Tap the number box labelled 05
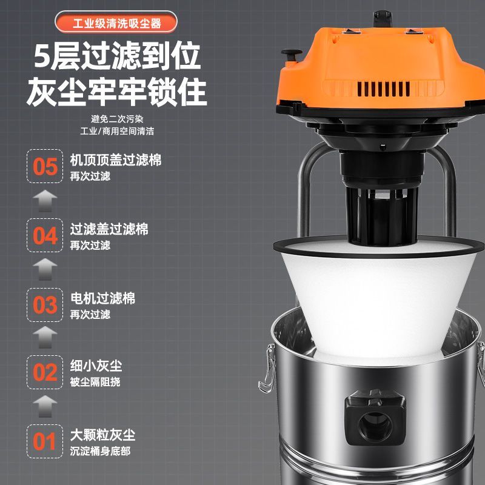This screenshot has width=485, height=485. (45, 166)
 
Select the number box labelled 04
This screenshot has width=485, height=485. (45, 235)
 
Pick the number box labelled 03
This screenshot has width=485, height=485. (45, 304)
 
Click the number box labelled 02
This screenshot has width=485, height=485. (45, 372)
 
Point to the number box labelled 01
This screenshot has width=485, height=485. (45, 441)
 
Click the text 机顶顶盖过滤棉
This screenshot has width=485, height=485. (116, 160)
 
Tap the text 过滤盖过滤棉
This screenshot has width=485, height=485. (109, 229)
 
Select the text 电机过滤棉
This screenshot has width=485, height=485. (102, 298)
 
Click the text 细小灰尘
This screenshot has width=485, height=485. (96, 366)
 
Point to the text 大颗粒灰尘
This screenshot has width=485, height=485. (102, 435)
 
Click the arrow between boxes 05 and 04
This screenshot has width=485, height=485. (45, 200)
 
